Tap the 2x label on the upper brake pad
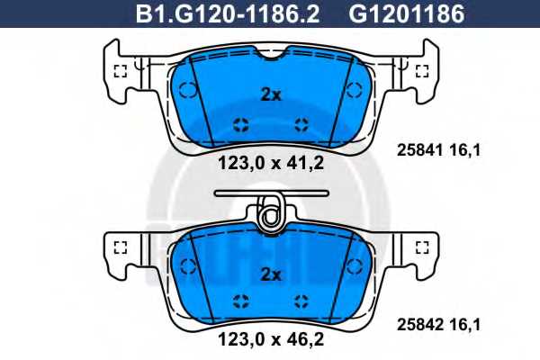(270, 93)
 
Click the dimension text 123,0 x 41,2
(270, 163)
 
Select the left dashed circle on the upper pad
(188, 88)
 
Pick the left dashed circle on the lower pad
(188, 265)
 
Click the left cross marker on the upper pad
(240, 123)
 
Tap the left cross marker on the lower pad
(240, 300)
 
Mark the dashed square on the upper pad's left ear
(120, 72)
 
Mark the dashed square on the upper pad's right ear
(420, 72)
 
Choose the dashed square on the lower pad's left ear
(120, 246)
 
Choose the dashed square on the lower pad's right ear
(420, 246)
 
